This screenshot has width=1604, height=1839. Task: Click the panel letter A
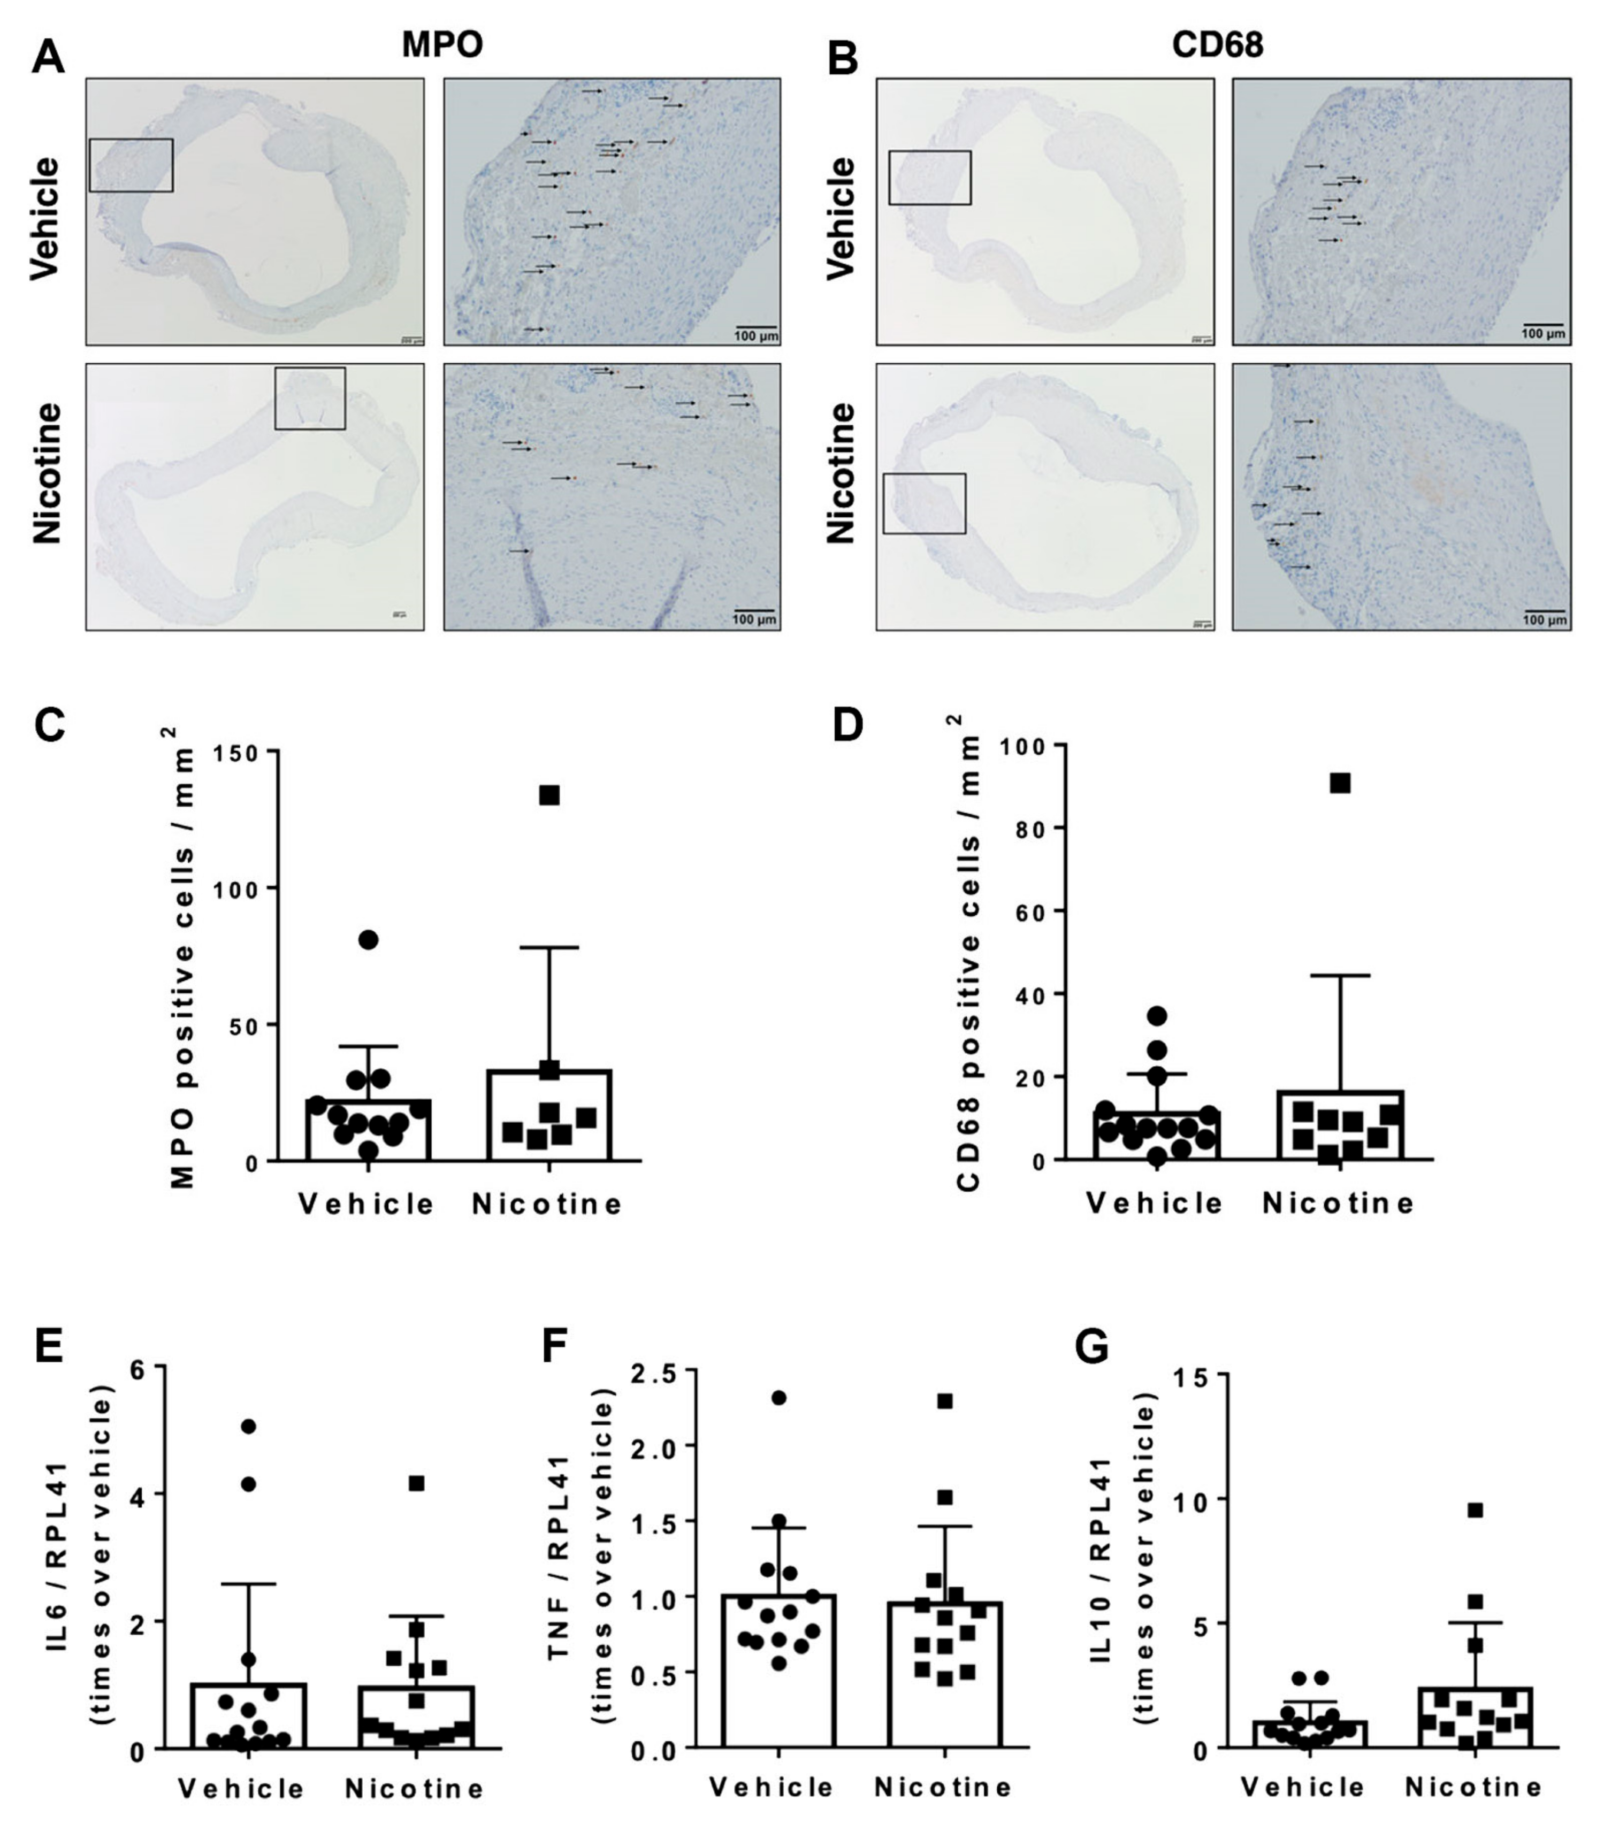click(x=48, y=58)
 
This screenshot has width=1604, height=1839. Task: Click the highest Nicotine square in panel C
click(x=549, y=795)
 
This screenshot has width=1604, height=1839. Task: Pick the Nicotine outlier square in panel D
click(x=1340, y=783)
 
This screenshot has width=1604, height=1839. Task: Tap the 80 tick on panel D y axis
click(x=1036, y=828)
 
